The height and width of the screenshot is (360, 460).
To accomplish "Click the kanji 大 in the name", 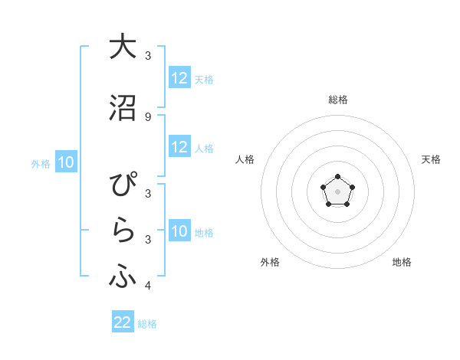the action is coord(123,47).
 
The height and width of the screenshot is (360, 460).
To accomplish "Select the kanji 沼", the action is coord(123,107).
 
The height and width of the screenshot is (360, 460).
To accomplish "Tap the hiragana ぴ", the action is coord(123,186).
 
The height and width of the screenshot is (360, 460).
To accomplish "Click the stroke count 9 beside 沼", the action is coord(148,116).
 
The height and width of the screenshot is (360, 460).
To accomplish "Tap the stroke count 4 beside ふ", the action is coord(148,286).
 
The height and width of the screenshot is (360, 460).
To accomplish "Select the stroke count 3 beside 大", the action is coord(148,56).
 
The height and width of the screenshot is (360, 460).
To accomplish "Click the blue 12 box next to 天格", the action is coord(179,78).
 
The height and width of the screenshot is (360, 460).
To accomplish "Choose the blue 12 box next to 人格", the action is coord(179,147).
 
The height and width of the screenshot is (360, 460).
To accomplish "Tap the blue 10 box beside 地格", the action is coord(179,232).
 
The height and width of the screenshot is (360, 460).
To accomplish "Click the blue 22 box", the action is coord(123,322).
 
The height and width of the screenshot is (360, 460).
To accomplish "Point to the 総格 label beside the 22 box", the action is coord(147,324).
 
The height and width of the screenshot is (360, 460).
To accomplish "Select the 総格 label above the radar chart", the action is coord(337,100).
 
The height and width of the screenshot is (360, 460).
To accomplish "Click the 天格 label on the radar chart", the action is coord(431,159).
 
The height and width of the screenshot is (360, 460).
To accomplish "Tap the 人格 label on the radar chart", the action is coord(245,159).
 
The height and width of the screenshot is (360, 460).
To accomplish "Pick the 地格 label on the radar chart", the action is coord(402,263).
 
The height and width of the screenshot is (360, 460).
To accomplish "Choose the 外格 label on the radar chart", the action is coord(270,263).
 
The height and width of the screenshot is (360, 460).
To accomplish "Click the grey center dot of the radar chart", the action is coord(337,190).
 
